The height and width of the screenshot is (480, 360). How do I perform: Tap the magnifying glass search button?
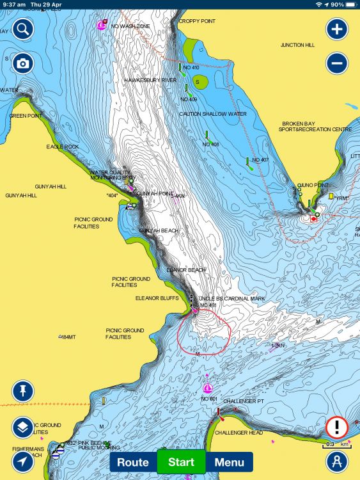[x=22, y=29]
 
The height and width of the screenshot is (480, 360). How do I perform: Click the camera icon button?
[x=22, y=63]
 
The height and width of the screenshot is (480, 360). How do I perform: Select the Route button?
[x=133, y=462]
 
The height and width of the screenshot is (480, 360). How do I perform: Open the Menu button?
[x=229, y=462]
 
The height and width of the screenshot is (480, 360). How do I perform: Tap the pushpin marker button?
[x=22, y=390]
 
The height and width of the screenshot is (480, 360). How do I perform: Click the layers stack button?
[x=22, y=427]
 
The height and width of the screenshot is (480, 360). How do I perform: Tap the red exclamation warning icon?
[x=336, y=426]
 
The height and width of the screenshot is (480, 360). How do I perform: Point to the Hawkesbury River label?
[x=150, y=80]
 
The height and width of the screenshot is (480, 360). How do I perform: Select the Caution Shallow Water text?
[x=212, y=114]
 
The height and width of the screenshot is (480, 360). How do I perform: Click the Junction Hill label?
[x=297, y=45]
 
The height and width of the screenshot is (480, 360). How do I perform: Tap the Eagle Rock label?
[x=63, y=147]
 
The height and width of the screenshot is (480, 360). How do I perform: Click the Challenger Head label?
[x=238, y=433]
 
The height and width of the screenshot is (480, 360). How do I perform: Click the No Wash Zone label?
[x=131, y=26]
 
